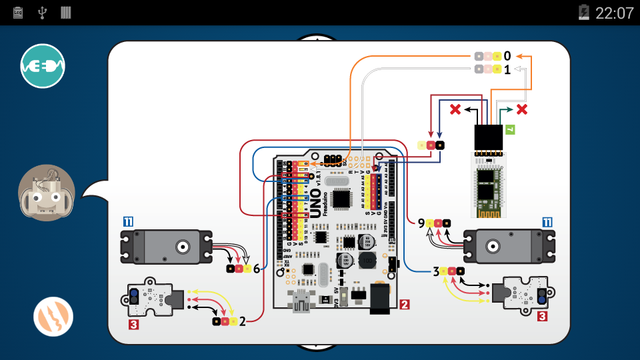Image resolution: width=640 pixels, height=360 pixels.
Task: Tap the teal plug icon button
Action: (x=43, y=66)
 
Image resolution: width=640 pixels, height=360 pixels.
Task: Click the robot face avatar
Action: (x=47, y=193)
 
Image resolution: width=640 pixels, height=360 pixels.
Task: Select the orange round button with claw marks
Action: (x=53, y=317)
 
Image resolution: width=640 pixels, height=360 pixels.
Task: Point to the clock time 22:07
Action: (x=614, y=13)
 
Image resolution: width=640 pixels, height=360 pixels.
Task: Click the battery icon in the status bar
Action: (x=584, y=13)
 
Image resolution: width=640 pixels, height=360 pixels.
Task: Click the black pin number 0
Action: (x=507, y=56)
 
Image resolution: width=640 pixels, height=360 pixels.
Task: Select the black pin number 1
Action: (x=507, y=69)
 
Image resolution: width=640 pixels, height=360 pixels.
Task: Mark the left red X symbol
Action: (x=456, y=109)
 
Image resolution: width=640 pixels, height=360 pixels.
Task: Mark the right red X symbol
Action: (x=523, y=109)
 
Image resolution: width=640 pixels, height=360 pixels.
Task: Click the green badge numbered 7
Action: (x=510, y=131)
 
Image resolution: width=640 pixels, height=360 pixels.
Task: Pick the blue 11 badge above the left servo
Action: (x=128, y=222)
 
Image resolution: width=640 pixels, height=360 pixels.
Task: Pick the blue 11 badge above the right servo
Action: (x=547, y=222)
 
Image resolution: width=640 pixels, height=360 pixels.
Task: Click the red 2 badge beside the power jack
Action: (x=405, y=305)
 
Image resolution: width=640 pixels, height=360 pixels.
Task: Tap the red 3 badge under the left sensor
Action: (x=134, y=325)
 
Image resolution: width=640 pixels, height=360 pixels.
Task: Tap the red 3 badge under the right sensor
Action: (x=542, y=317)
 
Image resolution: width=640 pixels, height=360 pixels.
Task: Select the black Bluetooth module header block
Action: (x=488, y=137)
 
